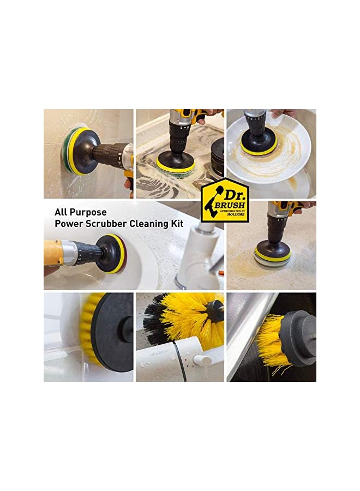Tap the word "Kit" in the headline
(x=176, y=224)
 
